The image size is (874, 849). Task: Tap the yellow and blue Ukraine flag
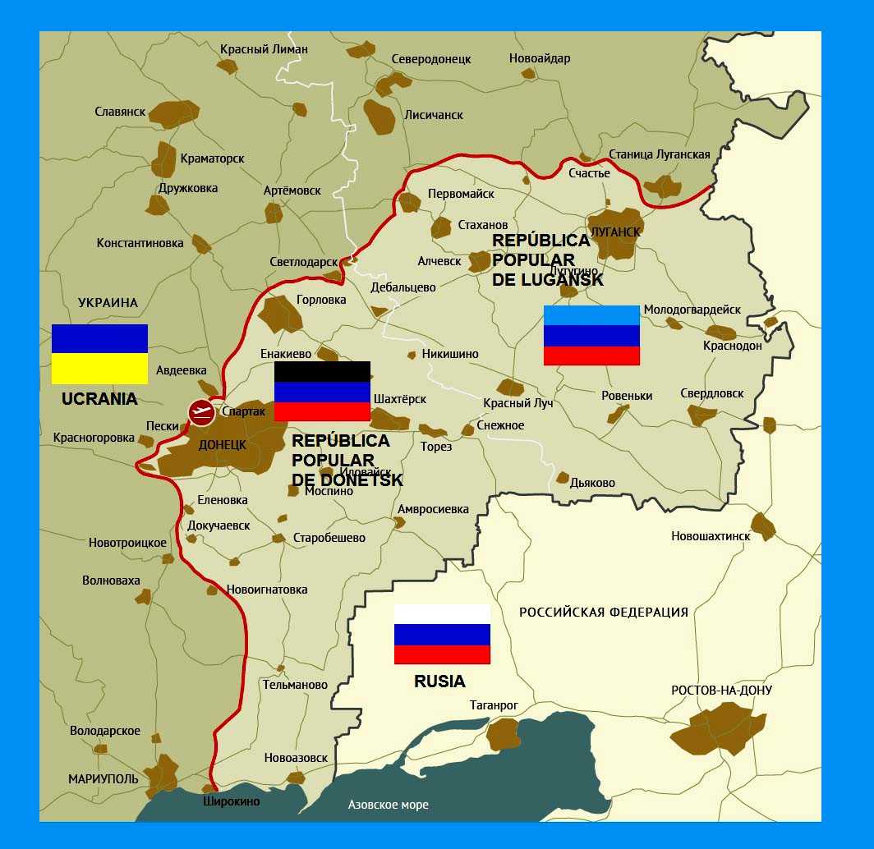pyautogui.click(x=99, y=354)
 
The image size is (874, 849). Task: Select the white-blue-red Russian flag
pyautogui.click(x=442, y=634)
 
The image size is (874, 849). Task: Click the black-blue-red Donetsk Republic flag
pyautogui.click(x=322, y=391)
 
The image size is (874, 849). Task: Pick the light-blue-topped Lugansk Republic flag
pyautogui.click(x=591, y=335)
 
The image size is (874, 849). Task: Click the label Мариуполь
pyautogui.click(x=103, y=778)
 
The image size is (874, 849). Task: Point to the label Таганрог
pyautogui.click(x=494, y=705)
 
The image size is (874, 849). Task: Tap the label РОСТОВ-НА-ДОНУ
pyautogui.click(x=721, y=691)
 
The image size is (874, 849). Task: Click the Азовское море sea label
pyautogui.click(x=388, y=805)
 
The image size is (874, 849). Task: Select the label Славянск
pyautogui.click(x=120, y=112)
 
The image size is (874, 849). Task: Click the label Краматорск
pyautogui.click(x=212, y=158)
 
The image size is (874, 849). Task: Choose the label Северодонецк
pyautogui.click(x=431, y=59)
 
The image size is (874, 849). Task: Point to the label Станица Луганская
pyautogui.click(x=660, y=154)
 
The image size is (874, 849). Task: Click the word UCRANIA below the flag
pyautogui.click(x=99, y=400)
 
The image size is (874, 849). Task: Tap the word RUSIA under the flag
pyautogui.click(x=439, y=681)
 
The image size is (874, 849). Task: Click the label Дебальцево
pyautogui.click(x=403, y=287)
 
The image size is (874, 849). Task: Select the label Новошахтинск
pyautogui.click(x=711, y=536)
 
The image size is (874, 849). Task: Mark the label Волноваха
pyautogui.click(x=111, y=581)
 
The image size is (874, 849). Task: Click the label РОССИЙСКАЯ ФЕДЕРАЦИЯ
pyautogui.click(x=604, y=613)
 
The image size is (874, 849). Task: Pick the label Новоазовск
pyautogui.click(x=296, y=758)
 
